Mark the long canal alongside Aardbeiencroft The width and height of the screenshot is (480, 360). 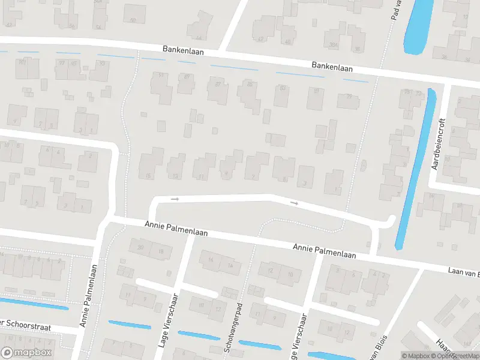(x=413, y=168)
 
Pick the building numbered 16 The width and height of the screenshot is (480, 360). (x=211, y=260)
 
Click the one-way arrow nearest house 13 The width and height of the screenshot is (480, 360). (x=175, y=199)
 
